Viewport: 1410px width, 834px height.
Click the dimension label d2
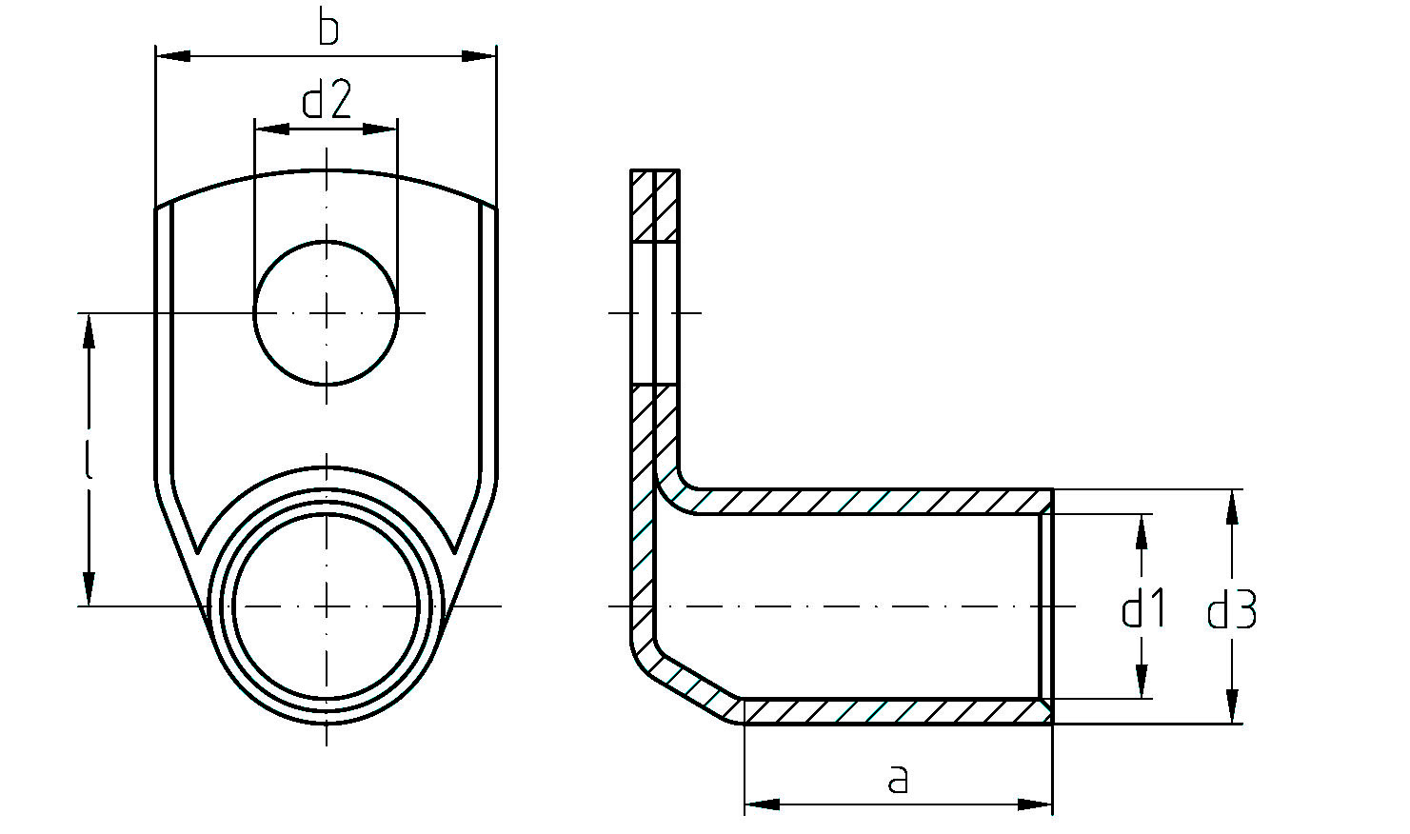tap(326, 99)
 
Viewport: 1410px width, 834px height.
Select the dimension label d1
tap(1143, 608)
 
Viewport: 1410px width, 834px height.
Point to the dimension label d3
tap(1232, 609)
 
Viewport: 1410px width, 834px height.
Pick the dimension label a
tap(898, 779)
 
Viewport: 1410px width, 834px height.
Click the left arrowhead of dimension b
tap(173, 56)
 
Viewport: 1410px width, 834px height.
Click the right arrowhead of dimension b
tap(479, 56)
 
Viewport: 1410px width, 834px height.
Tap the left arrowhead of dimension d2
tap(272, 129)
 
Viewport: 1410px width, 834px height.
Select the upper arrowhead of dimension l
tap(89, 331)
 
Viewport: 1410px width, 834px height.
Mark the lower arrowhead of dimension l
tap(89, 587)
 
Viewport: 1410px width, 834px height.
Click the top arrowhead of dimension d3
tap(1232, 507)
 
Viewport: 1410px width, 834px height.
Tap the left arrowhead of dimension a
tap(763, 804)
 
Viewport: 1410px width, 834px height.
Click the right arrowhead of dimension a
tap(1035, 804)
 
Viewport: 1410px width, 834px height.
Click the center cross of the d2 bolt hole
tap(326, 312)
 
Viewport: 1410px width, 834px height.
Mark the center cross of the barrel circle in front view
tap(326, 606)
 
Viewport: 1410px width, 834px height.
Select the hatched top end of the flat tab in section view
tap(655, 206)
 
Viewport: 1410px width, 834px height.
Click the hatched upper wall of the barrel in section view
tap(863, 502)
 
